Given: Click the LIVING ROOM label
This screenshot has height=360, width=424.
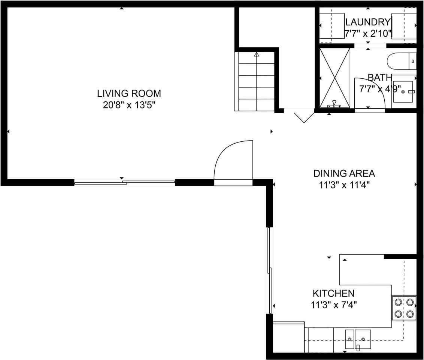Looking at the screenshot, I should click(x=129, y=93).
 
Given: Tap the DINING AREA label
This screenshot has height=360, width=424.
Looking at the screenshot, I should click(x=344, y=173).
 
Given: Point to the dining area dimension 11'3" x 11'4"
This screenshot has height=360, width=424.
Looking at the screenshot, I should click(x=344, y=185).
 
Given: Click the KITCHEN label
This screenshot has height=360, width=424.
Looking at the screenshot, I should click(x=333, y=293).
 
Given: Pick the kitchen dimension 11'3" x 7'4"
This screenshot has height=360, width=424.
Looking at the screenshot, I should click(x=333, y=305).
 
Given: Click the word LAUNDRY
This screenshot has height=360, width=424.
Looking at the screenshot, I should click(x=367, y=22).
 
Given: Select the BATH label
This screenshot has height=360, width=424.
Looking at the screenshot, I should click(x=379, y=78).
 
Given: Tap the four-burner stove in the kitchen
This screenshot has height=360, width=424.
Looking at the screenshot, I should click(x=404, y=308).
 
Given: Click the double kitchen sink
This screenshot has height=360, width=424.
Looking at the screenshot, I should click(x=358, y=339).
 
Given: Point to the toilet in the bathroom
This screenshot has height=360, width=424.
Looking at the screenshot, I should click(x=402, y=61).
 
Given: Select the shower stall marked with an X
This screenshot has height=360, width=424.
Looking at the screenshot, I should click(x=334, y=78).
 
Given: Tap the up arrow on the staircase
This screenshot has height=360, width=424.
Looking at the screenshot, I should click(x=257, y=55).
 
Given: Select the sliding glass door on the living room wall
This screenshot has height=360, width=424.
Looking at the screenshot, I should click(x=125, y=183).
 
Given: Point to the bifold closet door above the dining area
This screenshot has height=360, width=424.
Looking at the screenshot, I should click(x=303, y=116).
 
